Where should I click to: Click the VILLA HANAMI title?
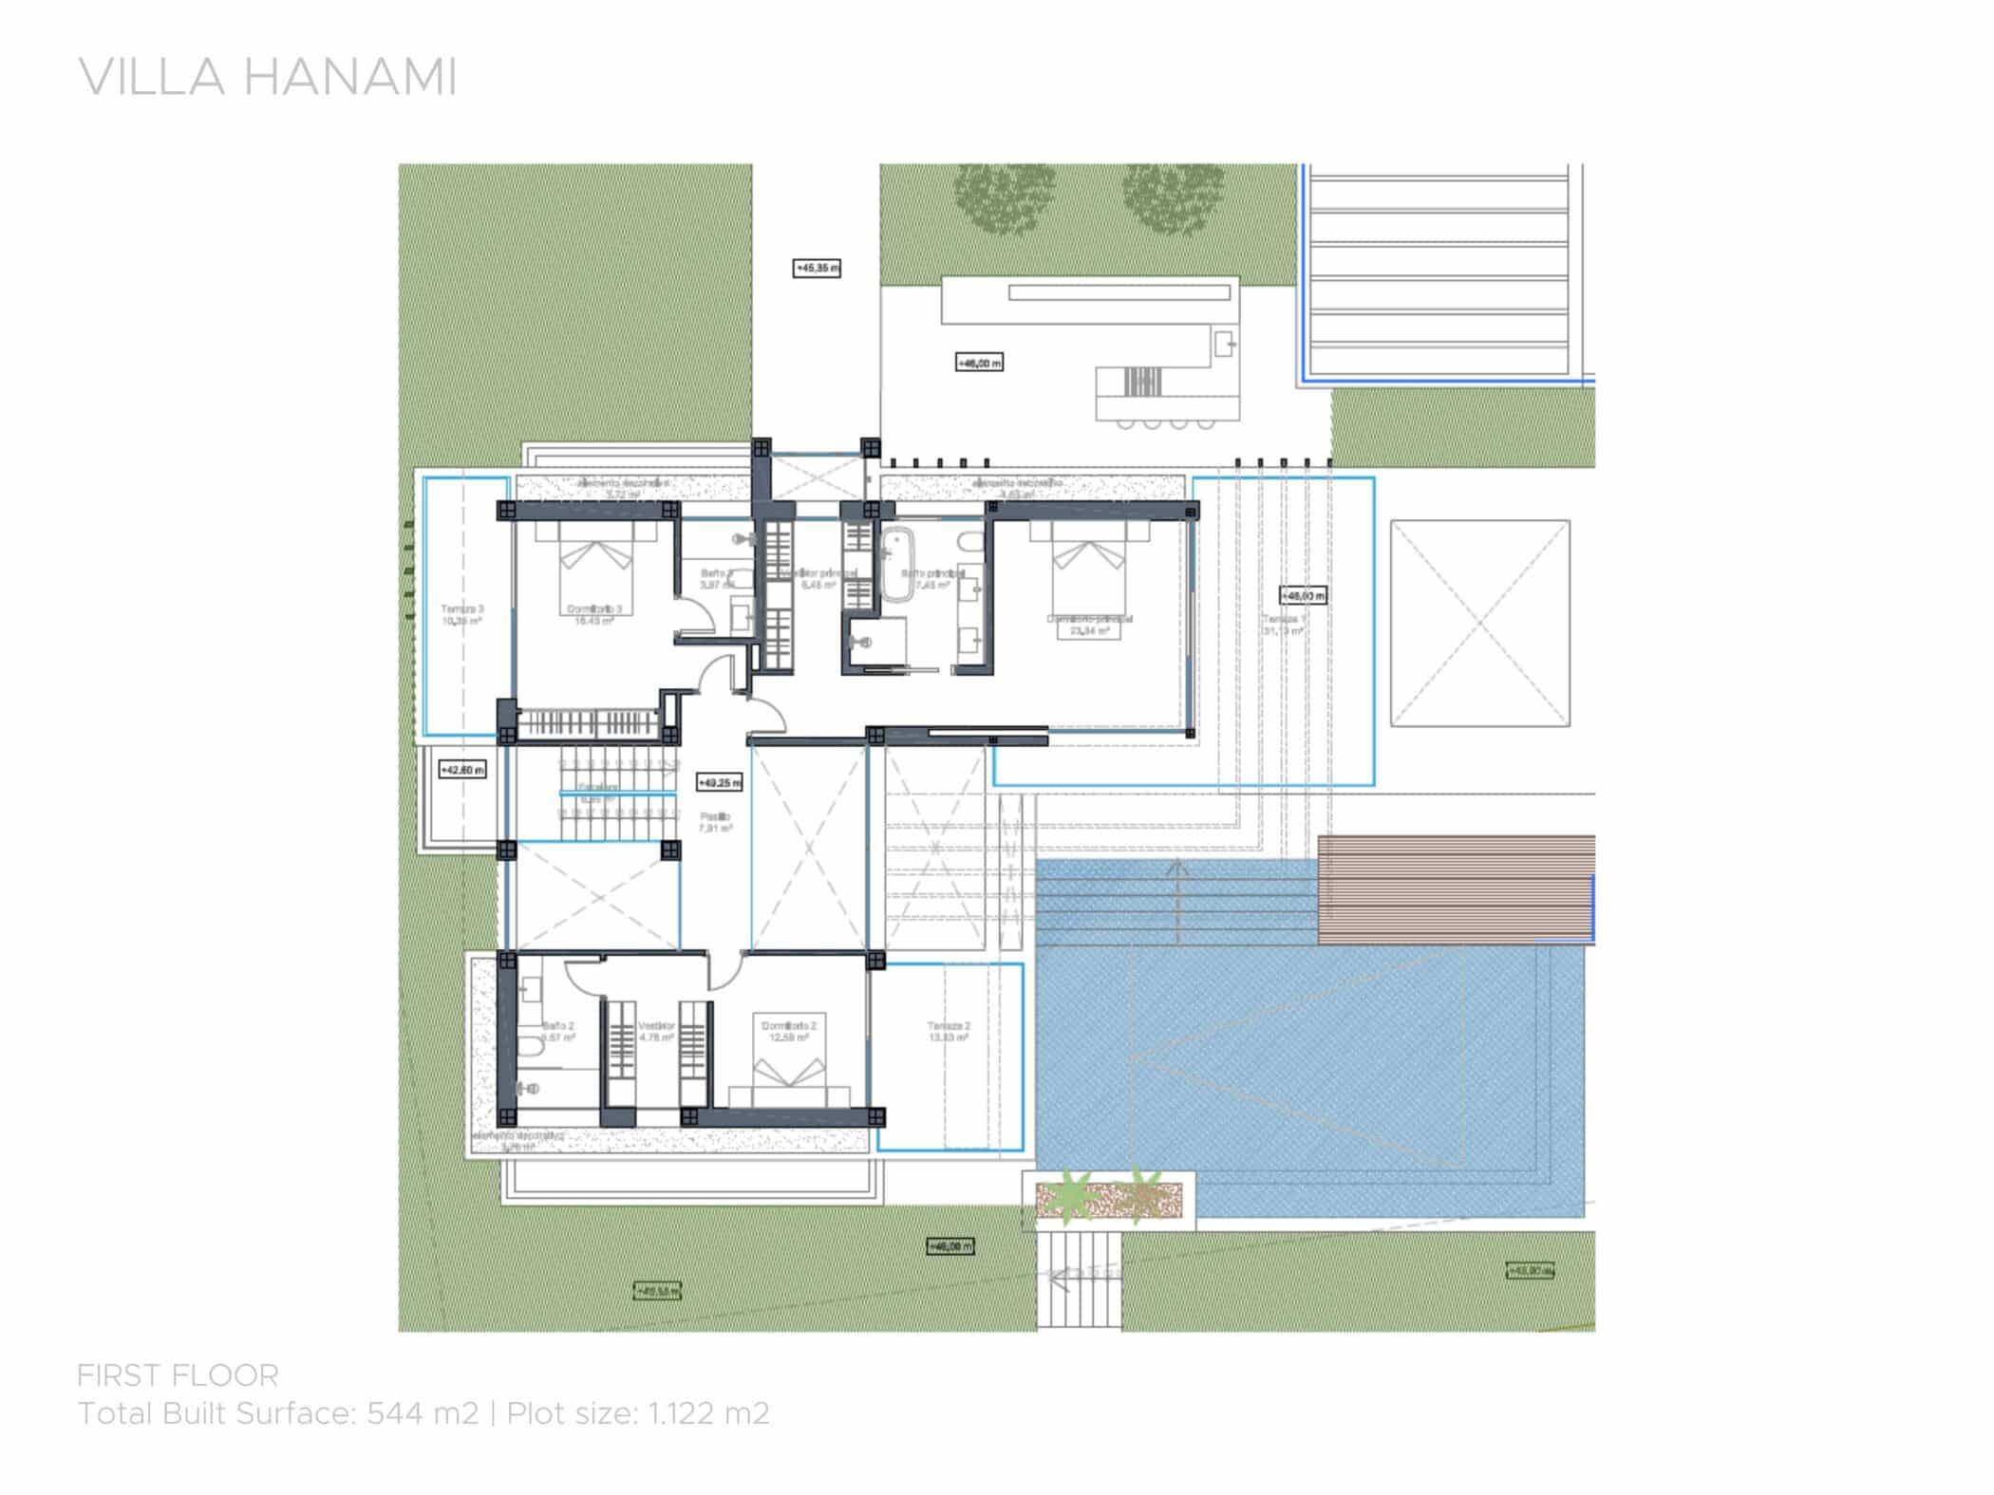coord(268,78)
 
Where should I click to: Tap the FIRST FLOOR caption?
coord(178,1375)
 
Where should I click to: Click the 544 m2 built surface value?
coord(423,1414)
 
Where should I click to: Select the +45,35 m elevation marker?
coord(817,269)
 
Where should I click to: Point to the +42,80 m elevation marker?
coord(462,770)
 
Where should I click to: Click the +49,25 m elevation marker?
coord(719,783)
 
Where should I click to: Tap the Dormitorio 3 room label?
coord(594,609)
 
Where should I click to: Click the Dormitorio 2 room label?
coord(788,1026)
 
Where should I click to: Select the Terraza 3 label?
coord(462,609)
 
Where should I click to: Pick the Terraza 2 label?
coord(949,1026)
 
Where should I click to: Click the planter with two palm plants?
coord(1107,1200)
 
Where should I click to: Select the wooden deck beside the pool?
coord(1455,889)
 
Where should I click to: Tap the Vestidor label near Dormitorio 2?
coord(656,1026)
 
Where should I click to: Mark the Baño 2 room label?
coord(557,1026)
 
